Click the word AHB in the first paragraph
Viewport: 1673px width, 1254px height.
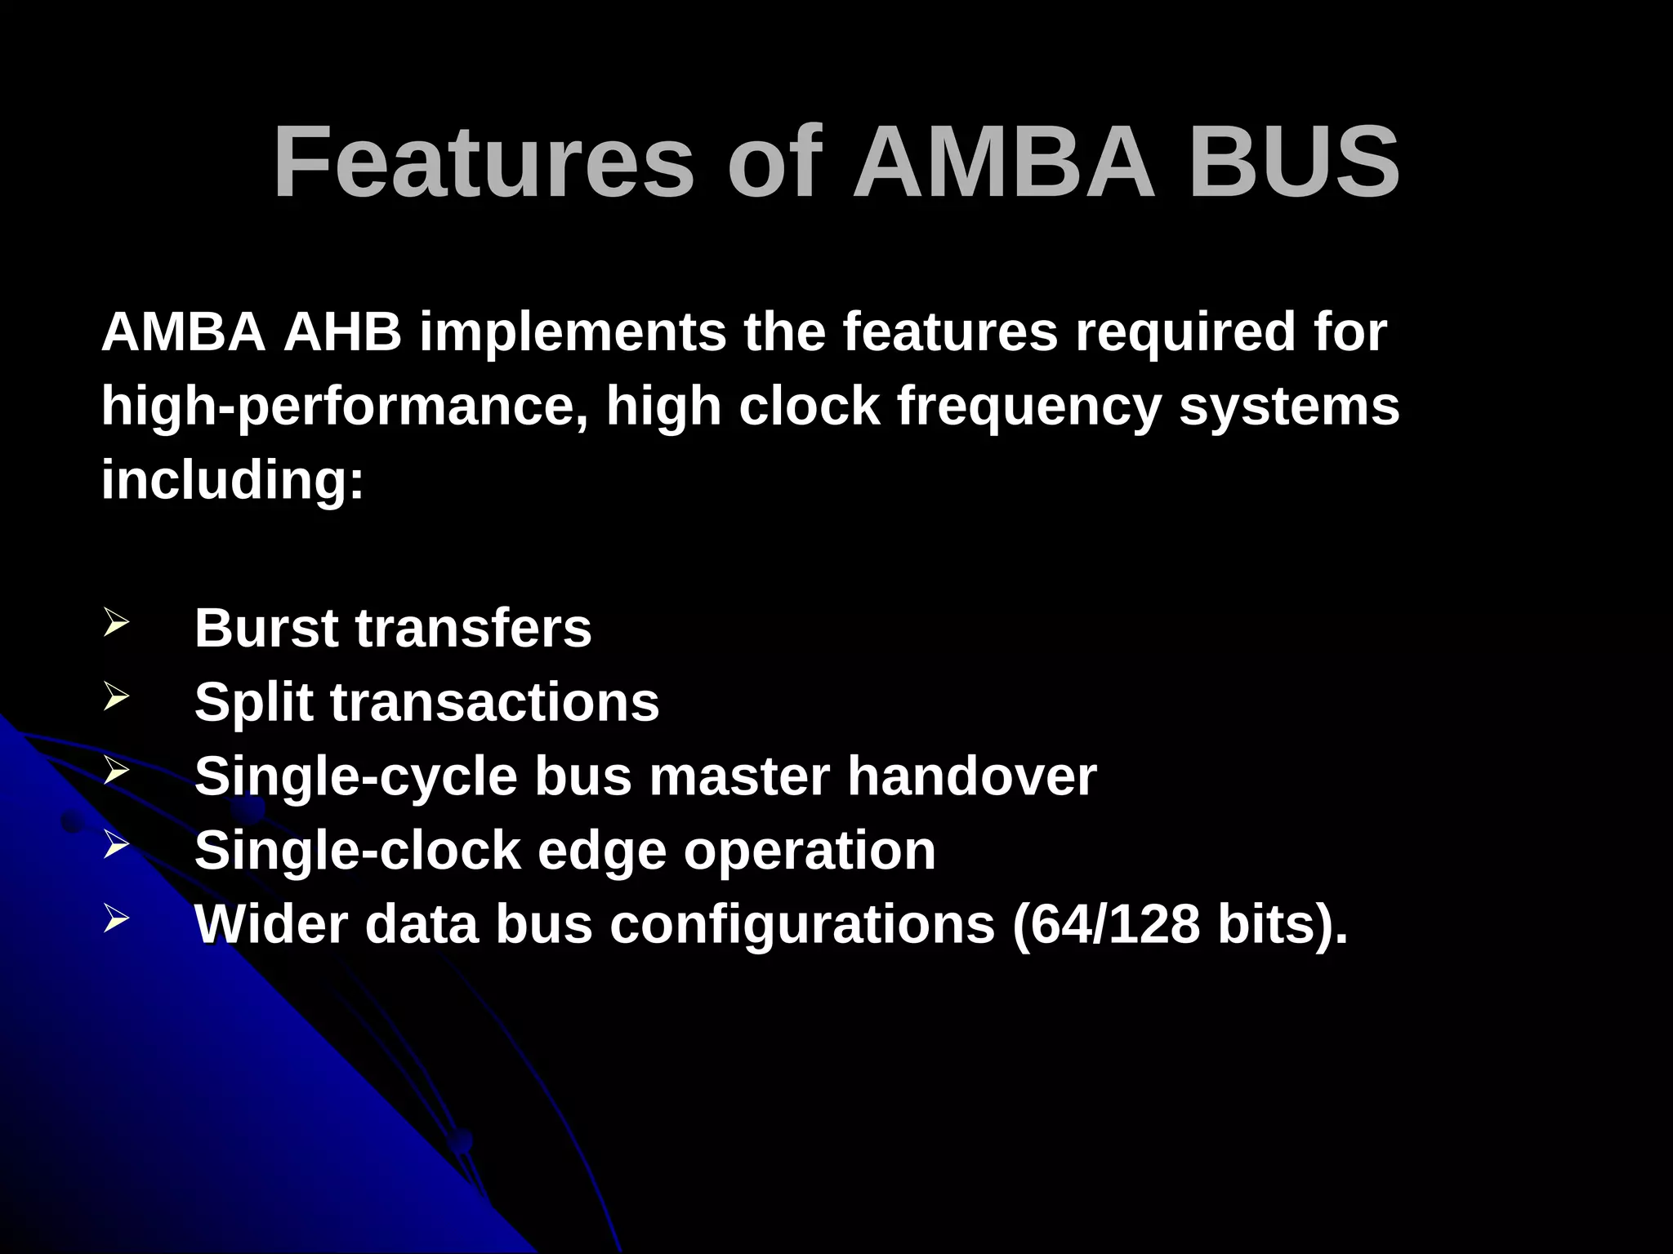pyautogui.click(x=342, y=332)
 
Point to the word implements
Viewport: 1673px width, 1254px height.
pyautogui.click(x=573, y=332)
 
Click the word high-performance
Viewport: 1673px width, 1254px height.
pyautogui.click(x=344, y=407)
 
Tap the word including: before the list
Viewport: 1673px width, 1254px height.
pyautogui.click(x=232, y=479)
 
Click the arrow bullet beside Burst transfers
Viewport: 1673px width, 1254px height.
pyautogui.click(x=116, y=624)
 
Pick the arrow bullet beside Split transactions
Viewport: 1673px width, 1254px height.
pyautogui.click(x=116, y=697)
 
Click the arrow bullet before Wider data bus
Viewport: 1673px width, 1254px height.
pyautogui.click(x=116, y=919)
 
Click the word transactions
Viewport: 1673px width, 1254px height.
pyautogui.click(x=494, y=702)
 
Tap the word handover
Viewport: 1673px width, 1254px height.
pyautogui.click(x=971, y=776)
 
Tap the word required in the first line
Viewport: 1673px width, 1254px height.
pyautogui.click(x=1184, y=332)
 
